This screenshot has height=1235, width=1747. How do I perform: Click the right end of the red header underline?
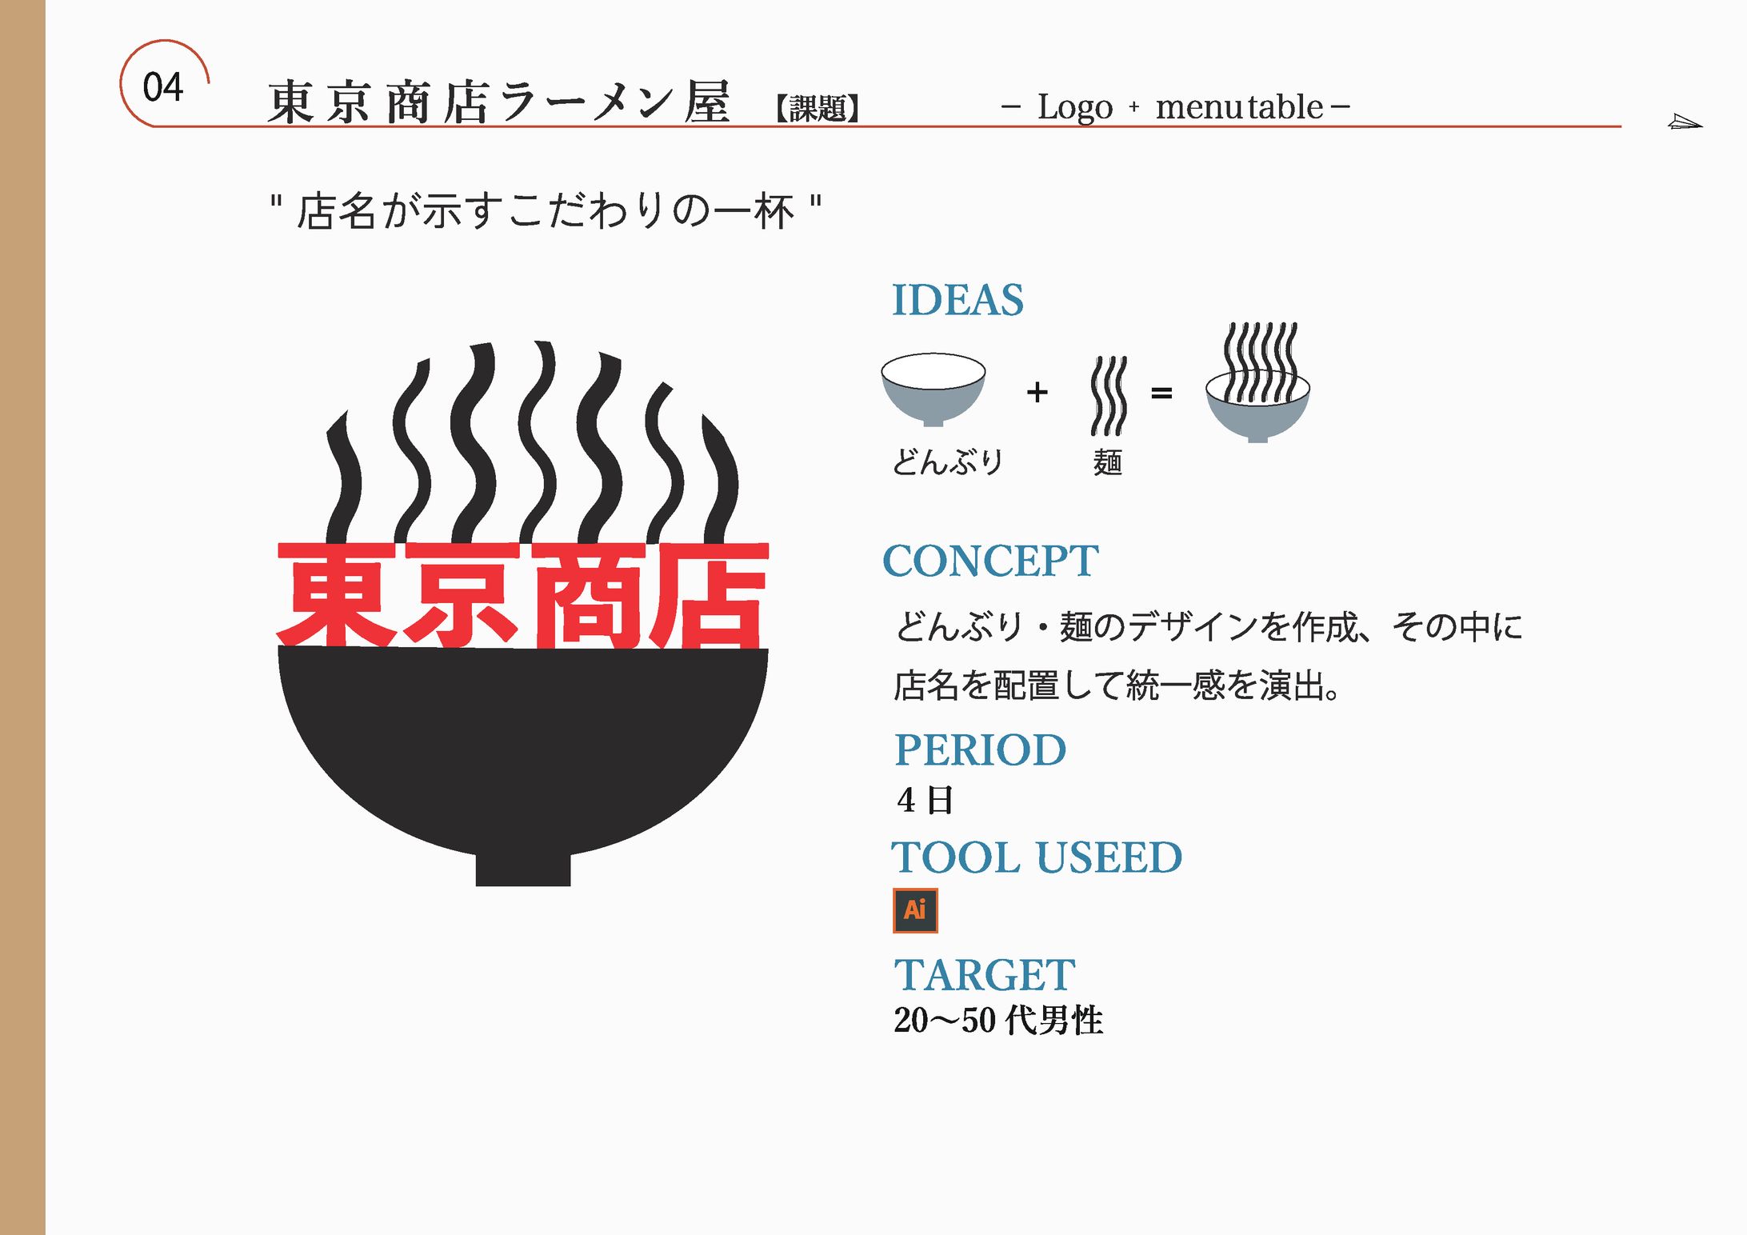[1621, 126]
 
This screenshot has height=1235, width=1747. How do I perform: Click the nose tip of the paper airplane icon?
[1702, 125]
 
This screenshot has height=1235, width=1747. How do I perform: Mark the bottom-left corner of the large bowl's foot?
[477, 885]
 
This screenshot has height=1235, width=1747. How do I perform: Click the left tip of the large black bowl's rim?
[278, 648]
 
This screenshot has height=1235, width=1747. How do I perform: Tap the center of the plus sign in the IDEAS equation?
[1037, 392]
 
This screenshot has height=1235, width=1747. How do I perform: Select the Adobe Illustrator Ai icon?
[915, 910]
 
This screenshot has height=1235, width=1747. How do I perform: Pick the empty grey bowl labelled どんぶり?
[933, 390]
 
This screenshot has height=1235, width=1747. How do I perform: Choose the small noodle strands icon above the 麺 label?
[1109, 396]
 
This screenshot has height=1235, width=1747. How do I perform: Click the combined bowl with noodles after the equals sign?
[1258, 382]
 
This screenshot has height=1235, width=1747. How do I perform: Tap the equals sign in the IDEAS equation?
[1161, 393]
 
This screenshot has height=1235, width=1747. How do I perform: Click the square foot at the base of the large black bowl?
[523, 869]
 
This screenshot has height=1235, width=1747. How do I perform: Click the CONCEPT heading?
[990, 561]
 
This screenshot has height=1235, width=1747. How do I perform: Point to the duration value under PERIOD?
[925, 800]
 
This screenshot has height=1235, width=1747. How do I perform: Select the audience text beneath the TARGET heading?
[998, 1021]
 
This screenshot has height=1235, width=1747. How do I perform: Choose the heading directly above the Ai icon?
[1037, 857]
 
